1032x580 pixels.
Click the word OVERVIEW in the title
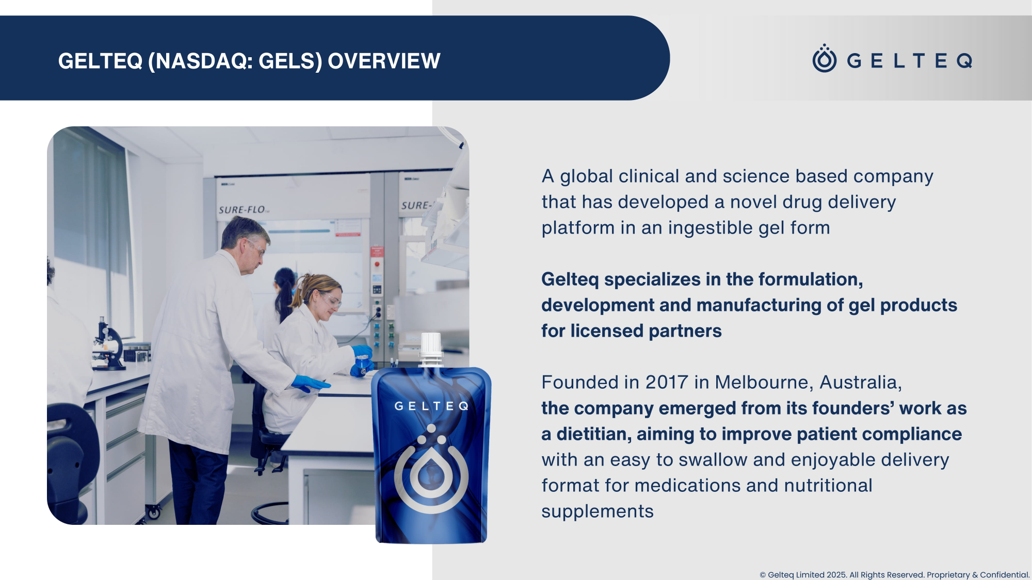(384, 61)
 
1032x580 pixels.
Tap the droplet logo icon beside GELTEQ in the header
(825, 58)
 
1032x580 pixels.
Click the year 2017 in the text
(667, 382)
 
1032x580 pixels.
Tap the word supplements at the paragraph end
(598, 512)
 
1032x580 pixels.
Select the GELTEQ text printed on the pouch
(431, 406)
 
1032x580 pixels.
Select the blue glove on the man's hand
(310, 384)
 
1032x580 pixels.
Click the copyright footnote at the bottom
(894, 575)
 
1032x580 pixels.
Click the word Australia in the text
(861, 382)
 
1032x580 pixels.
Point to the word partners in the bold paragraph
(685, 331)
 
